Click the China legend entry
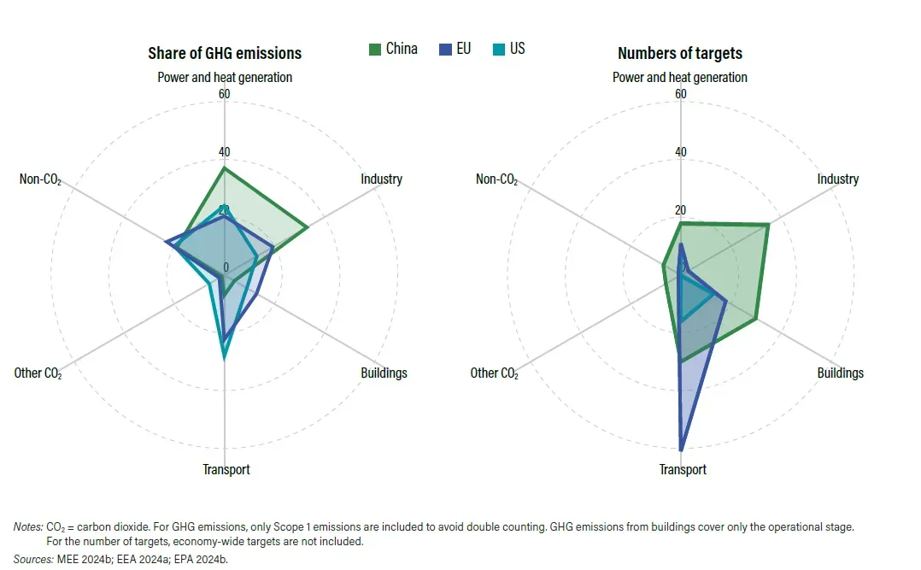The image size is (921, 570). pos(393,49)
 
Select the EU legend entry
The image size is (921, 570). pos(455,49)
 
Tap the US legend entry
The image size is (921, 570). pos(508,49)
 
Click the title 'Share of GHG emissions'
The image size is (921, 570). pos(225,54)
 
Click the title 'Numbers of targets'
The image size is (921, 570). pos(679,54)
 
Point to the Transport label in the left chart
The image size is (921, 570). pos(226,469)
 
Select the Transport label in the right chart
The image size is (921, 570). pos(683,469)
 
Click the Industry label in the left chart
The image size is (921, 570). pos(381,179)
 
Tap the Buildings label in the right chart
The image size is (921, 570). pos(840,373)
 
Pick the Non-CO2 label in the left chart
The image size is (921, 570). pos(40,179)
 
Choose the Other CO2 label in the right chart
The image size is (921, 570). pos(494,373)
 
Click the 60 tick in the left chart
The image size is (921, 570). pos(225,94)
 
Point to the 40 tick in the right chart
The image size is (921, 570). pos(680,152)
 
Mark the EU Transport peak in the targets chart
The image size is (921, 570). pos(681,450)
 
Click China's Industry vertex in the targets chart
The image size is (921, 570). pos(768,225)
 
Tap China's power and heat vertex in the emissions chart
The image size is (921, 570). pos(224,168)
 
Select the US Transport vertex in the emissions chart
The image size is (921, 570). pos(224,358)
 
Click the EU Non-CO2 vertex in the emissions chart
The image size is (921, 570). pos(167,242)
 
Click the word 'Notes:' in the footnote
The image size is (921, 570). pos(28,527)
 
